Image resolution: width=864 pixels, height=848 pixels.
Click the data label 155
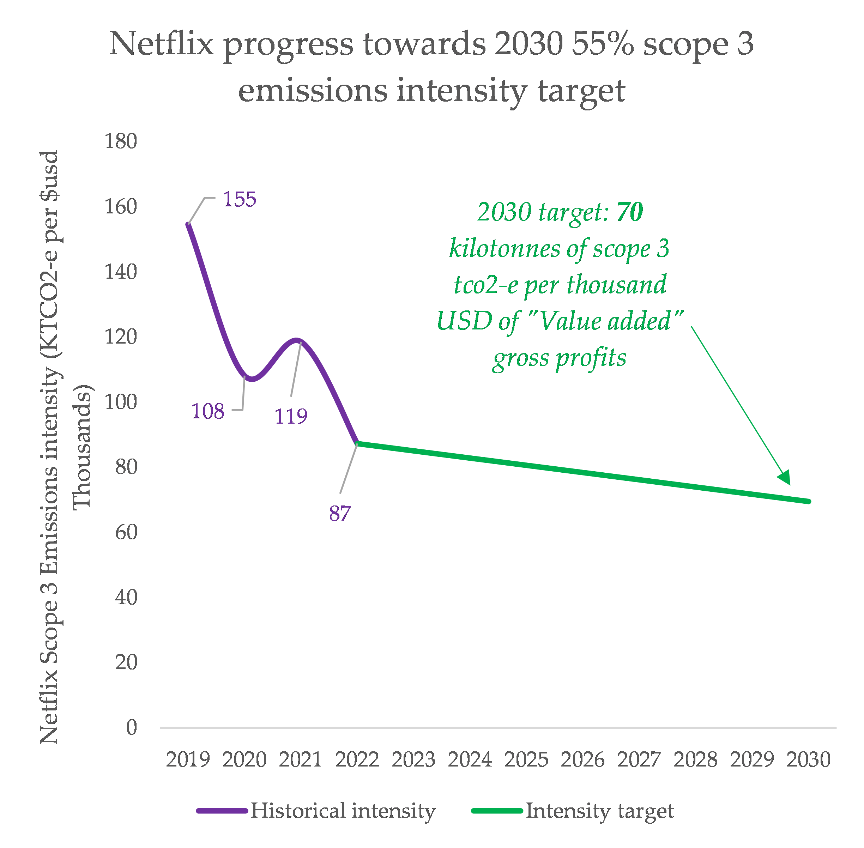(240, 199)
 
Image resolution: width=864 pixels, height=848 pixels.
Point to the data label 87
(340, 513)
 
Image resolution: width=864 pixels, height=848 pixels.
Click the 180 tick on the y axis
(120, 142)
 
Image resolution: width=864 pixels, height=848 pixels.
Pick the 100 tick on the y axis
(120, 402)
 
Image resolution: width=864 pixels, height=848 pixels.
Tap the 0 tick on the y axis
(131, 728)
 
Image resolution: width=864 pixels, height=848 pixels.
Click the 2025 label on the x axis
(526, 760)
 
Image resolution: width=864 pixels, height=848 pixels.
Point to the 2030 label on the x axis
(808, 760)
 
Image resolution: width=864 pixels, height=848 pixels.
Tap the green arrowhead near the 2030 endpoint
(785, 478)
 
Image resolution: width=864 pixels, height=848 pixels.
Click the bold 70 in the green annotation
(630, 212)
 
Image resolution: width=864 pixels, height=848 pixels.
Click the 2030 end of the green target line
(808, 501)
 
